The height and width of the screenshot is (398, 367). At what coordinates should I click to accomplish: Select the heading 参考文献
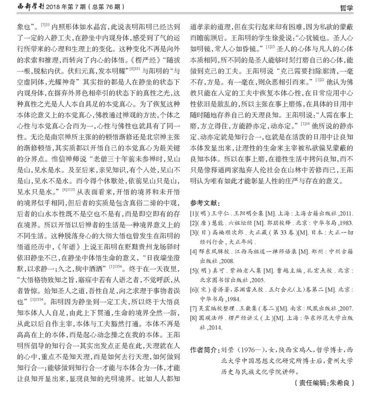206,203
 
